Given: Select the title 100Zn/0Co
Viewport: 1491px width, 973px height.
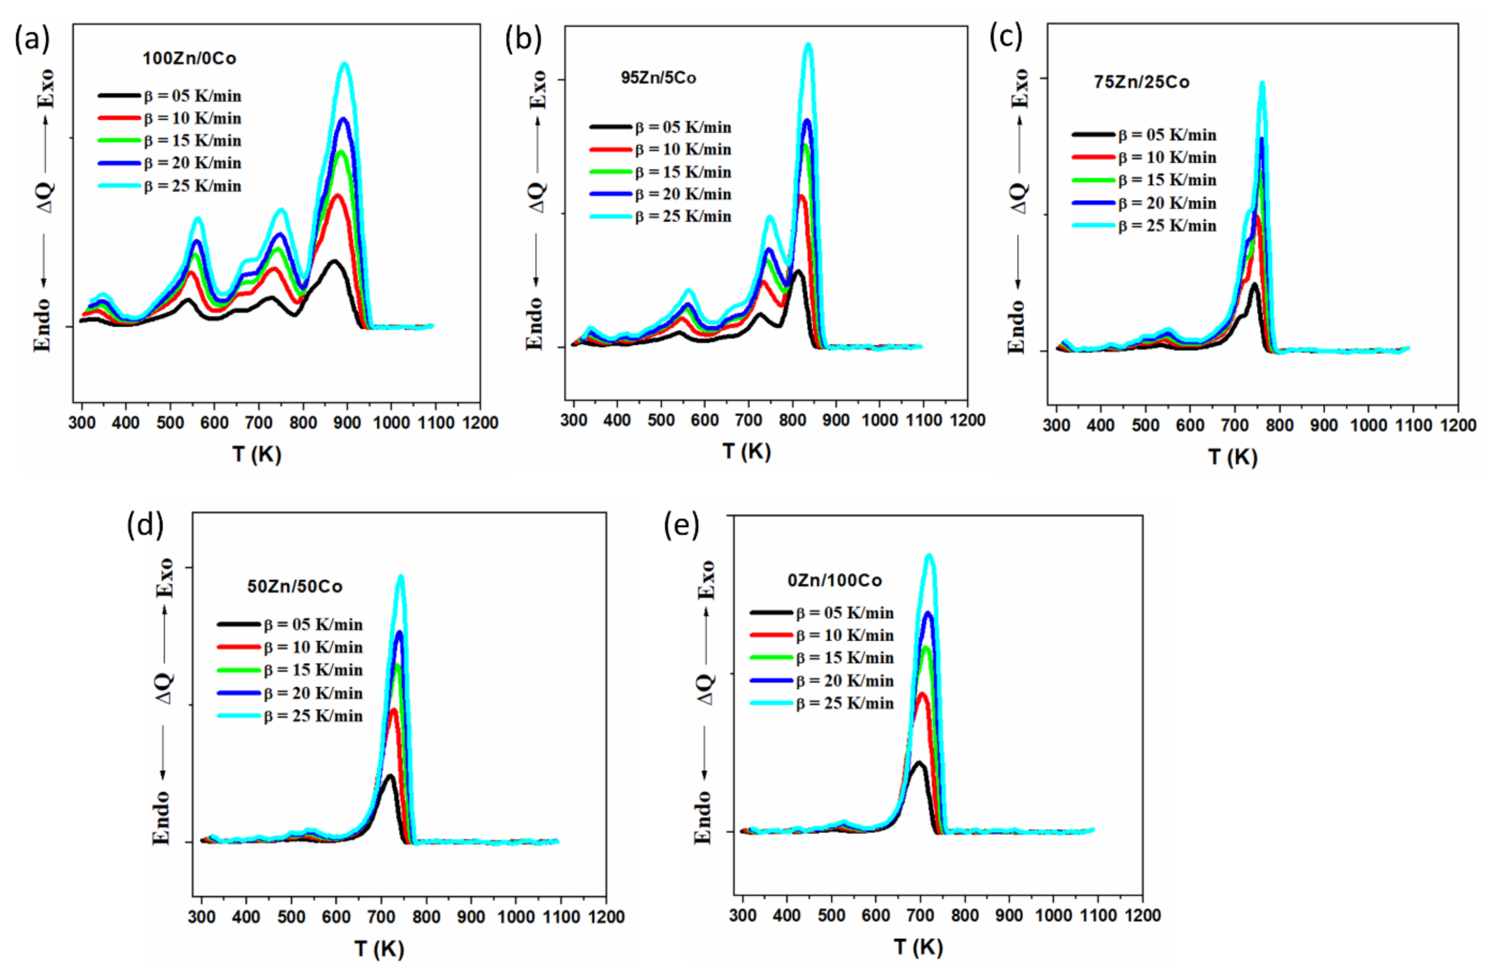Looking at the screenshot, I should pyautogui.click(x=189, y=59).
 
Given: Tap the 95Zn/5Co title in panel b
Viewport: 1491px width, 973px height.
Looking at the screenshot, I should pyautogui.click(x=658, y=78).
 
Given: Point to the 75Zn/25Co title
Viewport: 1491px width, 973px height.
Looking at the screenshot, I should pyautogui.click(x=1142, y=82).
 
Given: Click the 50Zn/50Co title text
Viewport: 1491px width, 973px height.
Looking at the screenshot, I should pyautogui.click(x=295, y=587).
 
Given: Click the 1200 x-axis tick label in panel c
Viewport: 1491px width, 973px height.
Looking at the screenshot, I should pyautogui.click(x=1458, y=426).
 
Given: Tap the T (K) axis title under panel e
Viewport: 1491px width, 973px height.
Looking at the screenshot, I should pyautogui.click(x=918, y=947).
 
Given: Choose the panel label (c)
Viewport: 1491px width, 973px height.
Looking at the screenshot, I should pyautogui.click(x=1005, y=38).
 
